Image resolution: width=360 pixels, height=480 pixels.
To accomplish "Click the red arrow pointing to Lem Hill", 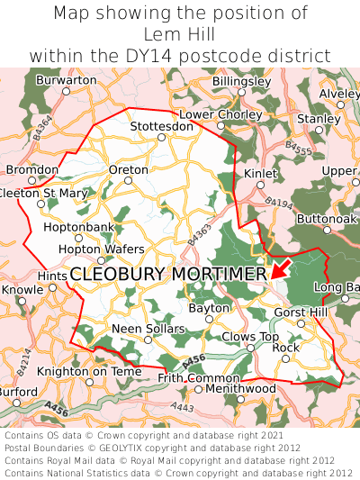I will point(280,267).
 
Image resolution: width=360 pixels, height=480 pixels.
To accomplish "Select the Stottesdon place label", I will point(162,126).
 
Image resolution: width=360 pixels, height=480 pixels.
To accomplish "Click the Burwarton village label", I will point(67,80).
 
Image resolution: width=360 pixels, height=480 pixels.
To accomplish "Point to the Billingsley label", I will point(241,81).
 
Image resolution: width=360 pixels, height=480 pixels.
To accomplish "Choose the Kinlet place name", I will point(261,173).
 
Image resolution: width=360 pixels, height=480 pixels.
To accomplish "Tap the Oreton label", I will point(128,169).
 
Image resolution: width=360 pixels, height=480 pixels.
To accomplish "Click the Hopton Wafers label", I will point(101,249).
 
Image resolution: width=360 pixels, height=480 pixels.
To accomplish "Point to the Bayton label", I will point(210,308).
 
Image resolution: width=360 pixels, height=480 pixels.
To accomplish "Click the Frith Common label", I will point(193,378).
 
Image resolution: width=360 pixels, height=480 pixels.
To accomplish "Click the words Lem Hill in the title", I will point(180,34).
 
